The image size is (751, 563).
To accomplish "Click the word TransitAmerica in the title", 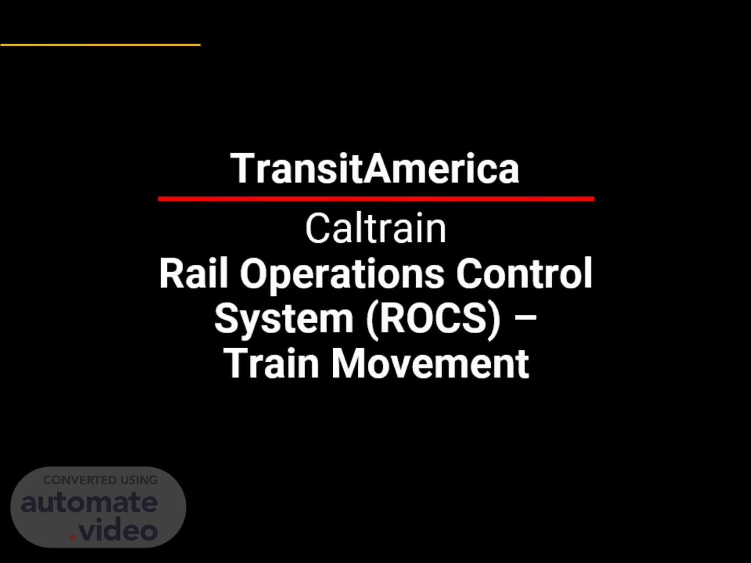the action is click(x=374, y=168).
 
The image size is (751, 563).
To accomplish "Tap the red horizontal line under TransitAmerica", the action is click(x=376, y=199).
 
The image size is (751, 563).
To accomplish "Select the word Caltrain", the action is click(x=375, y=228).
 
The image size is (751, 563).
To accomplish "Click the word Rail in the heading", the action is click(x=193, y=274).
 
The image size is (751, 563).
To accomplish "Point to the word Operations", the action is click(x=342, y=276).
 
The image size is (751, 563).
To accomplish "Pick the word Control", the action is click(x=524, y=274).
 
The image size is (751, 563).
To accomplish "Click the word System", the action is click(x=284, y=320).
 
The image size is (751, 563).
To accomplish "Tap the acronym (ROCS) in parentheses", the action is click(x=433, y=319).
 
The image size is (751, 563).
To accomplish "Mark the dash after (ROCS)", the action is click(x=525, y=317).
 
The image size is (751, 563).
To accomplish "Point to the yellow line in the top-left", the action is click(x=100, y=44).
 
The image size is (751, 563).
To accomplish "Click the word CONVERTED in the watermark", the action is click(x=80, y=480).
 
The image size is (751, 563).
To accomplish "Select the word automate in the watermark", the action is click(x=89, y=502).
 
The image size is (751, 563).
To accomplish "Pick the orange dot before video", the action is click(x=73, y=537).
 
